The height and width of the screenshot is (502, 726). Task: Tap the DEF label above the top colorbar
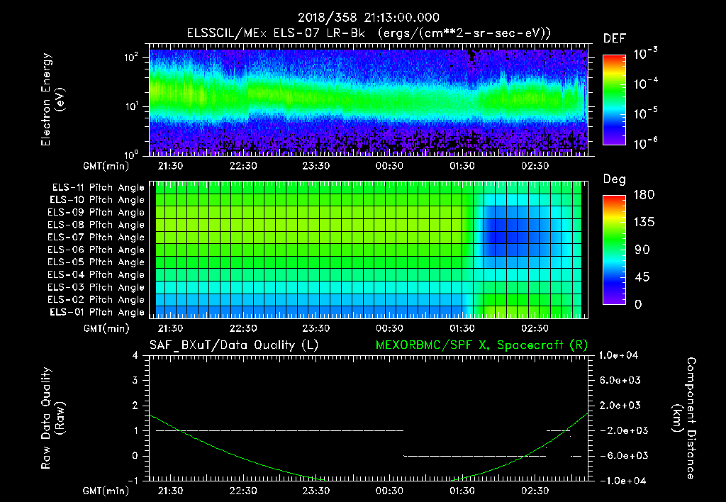tap(614, 38)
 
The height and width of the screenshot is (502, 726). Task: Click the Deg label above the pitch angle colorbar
tap(614, 179)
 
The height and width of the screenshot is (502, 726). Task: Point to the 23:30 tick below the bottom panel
tap(316, 491)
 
